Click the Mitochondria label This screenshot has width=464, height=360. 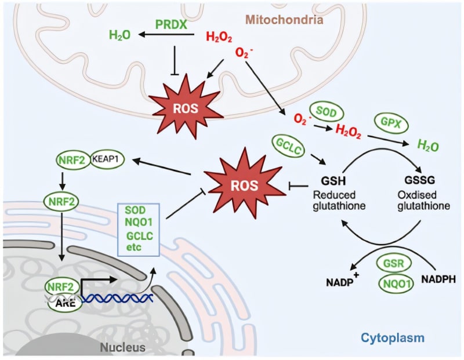coord(284,20)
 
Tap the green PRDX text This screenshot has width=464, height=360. coord(171,24)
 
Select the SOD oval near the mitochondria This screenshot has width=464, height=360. coord(327,112)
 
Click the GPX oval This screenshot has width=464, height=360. coord(391,123)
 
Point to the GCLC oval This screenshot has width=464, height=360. coord(288,146)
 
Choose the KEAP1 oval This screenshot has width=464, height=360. coord(107,159)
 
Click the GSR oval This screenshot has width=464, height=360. coord(394,263)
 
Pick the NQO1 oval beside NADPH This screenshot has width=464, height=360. coord(396,284)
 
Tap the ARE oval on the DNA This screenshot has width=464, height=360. coord(65,304)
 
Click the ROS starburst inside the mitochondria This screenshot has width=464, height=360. coord(186,107)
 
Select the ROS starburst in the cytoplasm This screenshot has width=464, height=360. coord(245,185)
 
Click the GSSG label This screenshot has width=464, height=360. coord(419,180)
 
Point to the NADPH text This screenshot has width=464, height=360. coord(438,279)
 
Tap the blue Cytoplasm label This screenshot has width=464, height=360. coord(393,337)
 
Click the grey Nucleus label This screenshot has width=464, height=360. coord(123,347)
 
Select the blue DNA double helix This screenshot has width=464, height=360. coord(118,299)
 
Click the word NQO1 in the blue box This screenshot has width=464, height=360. coord(139,223)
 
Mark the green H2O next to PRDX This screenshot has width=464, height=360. coord(119,35)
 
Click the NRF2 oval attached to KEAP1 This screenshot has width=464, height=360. coord(72,161)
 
